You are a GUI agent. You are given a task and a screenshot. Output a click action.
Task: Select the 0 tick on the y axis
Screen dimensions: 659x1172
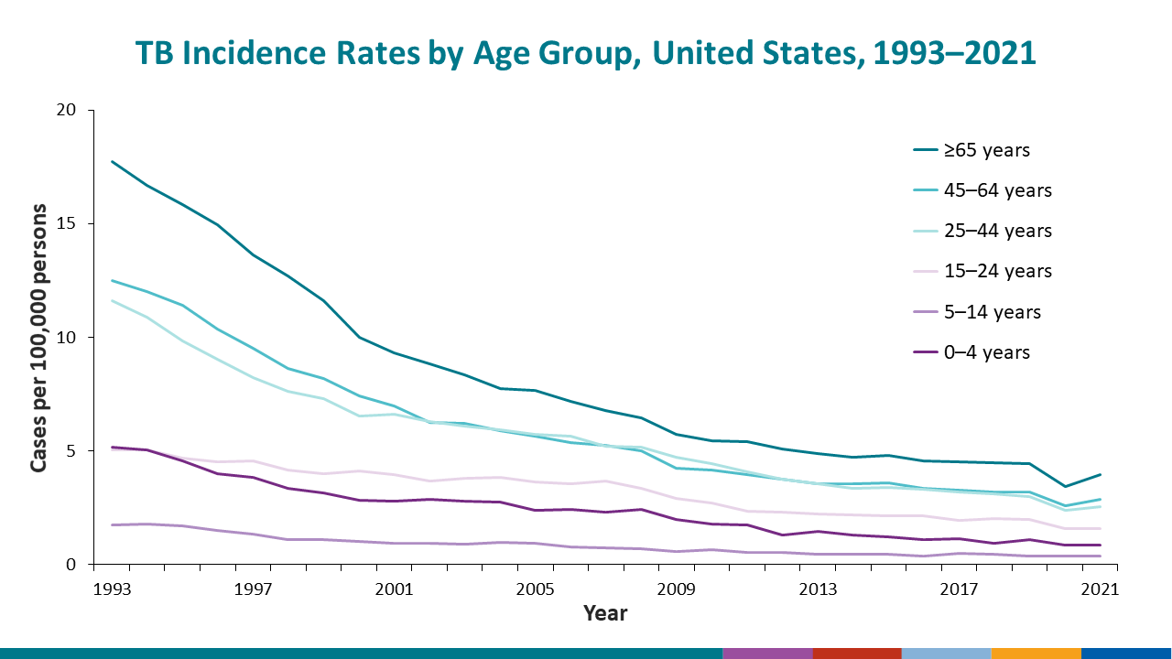81,565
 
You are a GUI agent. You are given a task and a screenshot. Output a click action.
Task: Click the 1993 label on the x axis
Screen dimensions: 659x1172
112,590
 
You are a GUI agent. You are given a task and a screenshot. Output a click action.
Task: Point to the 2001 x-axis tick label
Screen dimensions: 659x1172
394,590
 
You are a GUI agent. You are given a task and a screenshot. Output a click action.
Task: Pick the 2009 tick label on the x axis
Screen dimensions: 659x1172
676,590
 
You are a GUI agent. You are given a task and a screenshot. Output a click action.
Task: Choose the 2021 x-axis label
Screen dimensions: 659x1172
1099,590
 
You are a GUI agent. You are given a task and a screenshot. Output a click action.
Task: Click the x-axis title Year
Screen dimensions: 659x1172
605,613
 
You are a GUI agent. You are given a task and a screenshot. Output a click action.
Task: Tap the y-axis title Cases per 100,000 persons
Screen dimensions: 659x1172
39,338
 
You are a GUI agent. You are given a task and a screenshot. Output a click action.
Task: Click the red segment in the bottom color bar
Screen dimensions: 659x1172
856,654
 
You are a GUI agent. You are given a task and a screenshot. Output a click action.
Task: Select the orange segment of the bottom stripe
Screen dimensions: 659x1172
1036,654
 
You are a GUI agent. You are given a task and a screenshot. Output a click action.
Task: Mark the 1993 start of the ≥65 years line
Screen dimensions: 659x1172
112,162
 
